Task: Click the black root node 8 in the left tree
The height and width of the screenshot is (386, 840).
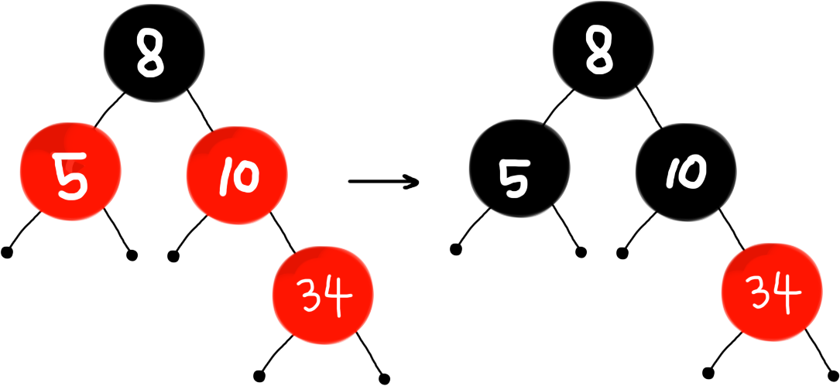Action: pos(155,58)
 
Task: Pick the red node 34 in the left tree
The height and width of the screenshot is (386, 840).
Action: pos(323,295)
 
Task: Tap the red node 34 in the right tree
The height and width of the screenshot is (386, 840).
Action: pos(772,295)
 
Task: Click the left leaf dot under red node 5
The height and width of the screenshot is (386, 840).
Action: pos(6,252)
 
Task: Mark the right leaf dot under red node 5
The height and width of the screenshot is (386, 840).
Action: pos(132,254)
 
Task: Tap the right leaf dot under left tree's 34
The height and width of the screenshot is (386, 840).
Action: pos(385,379)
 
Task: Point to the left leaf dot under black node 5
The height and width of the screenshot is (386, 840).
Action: pos(455,250)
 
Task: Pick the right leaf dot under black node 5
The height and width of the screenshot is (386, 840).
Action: pos(581,252)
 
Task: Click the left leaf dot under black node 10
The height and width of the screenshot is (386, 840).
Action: pos(622,252)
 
